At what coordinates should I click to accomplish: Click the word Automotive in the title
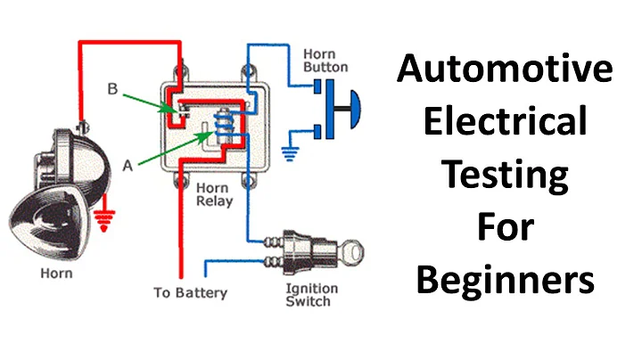tap(505, 69)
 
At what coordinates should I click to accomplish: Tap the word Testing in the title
tap(505, 176)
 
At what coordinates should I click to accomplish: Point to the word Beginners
tap(505, 282)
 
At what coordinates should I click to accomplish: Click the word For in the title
tap(505, 228)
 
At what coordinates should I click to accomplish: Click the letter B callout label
tap(111, 89)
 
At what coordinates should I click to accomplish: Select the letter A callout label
tap(127, 163)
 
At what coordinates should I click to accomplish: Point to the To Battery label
tap(190, 292)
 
